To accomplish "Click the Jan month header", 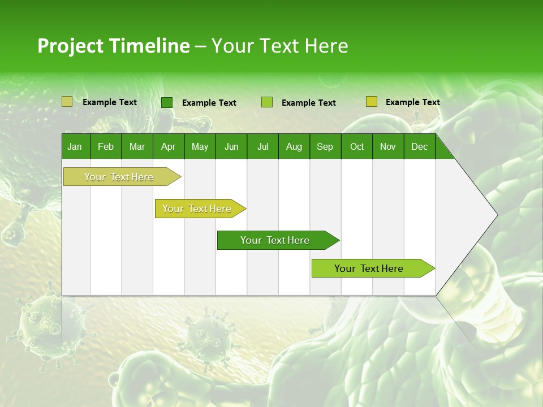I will click(75, 146).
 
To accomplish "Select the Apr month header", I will click(168, 146).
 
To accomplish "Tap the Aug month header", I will click(294, 146).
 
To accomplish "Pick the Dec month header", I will click(419, 146).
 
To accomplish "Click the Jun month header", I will click(231, 146).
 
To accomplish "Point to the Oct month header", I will click(356, 146).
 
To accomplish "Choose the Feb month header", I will click(106, 146).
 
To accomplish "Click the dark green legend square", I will click(166, 102).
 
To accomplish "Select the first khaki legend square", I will click(67, 102).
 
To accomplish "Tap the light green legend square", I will click(267, 102).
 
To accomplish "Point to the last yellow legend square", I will click(371, 102).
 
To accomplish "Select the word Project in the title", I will click(70, 46).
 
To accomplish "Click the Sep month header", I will click(325, 146).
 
